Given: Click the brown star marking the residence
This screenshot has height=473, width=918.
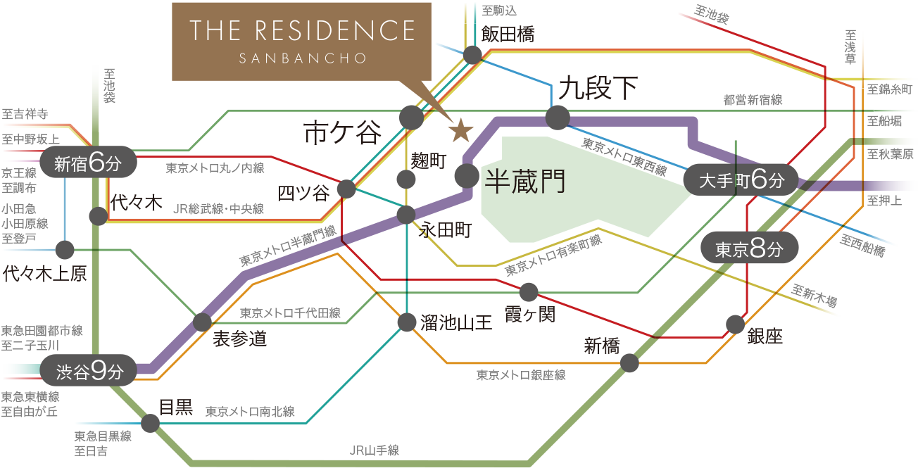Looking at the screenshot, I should (460, 130).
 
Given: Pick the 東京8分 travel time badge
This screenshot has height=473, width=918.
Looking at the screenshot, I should (750, 249).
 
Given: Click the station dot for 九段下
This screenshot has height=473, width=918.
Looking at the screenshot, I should (557, 117).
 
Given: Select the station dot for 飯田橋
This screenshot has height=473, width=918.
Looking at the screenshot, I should (472, 56).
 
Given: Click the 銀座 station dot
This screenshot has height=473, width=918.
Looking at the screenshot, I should (735, 324).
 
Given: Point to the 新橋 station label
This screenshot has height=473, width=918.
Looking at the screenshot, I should (602, 346).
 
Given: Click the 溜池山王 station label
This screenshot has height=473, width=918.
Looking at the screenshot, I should (456, 323).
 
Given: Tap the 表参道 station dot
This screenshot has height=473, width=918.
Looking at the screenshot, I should (202, 322).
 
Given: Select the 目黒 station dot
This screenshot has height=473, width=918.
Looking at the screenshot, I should (150, 423).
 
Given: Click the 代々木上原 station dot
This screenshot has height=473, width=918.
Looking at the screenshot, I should (65, 249).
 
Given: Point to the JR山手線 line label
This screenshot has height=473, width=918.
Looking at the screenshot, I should (374, 450).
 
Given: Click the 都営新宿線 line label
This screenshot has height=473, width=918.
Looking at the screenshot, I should (752, 101).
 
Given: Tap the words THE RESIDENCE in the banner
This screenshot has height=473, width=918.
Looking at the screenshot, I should (302, 31).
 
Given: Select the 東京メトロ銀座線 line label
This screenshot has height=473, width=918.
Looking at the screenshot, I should (521, 375).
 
